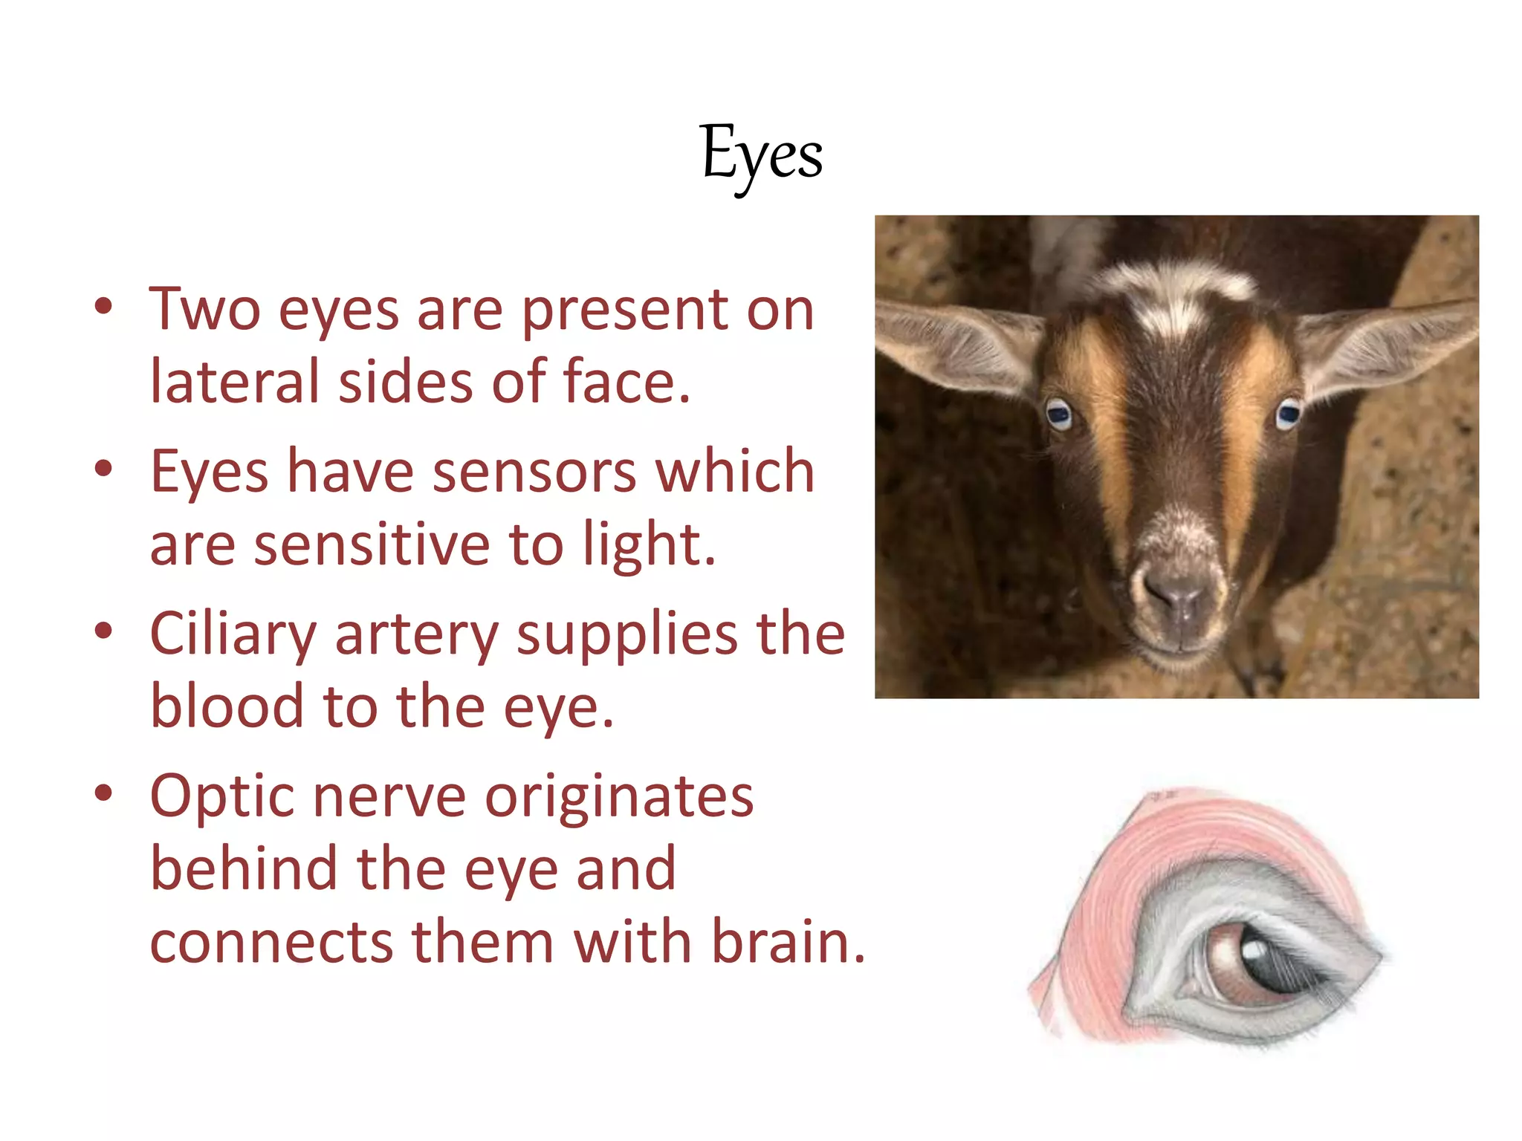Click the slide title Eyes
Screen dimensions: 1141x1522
pos(761,155)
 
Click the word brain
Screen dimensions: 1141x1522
pos(788,942)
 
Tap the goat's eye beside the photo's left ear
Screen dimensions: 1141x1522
pos(1058,414)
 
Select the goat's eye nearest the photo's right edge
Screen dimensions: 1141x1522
pos(1289,413)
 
